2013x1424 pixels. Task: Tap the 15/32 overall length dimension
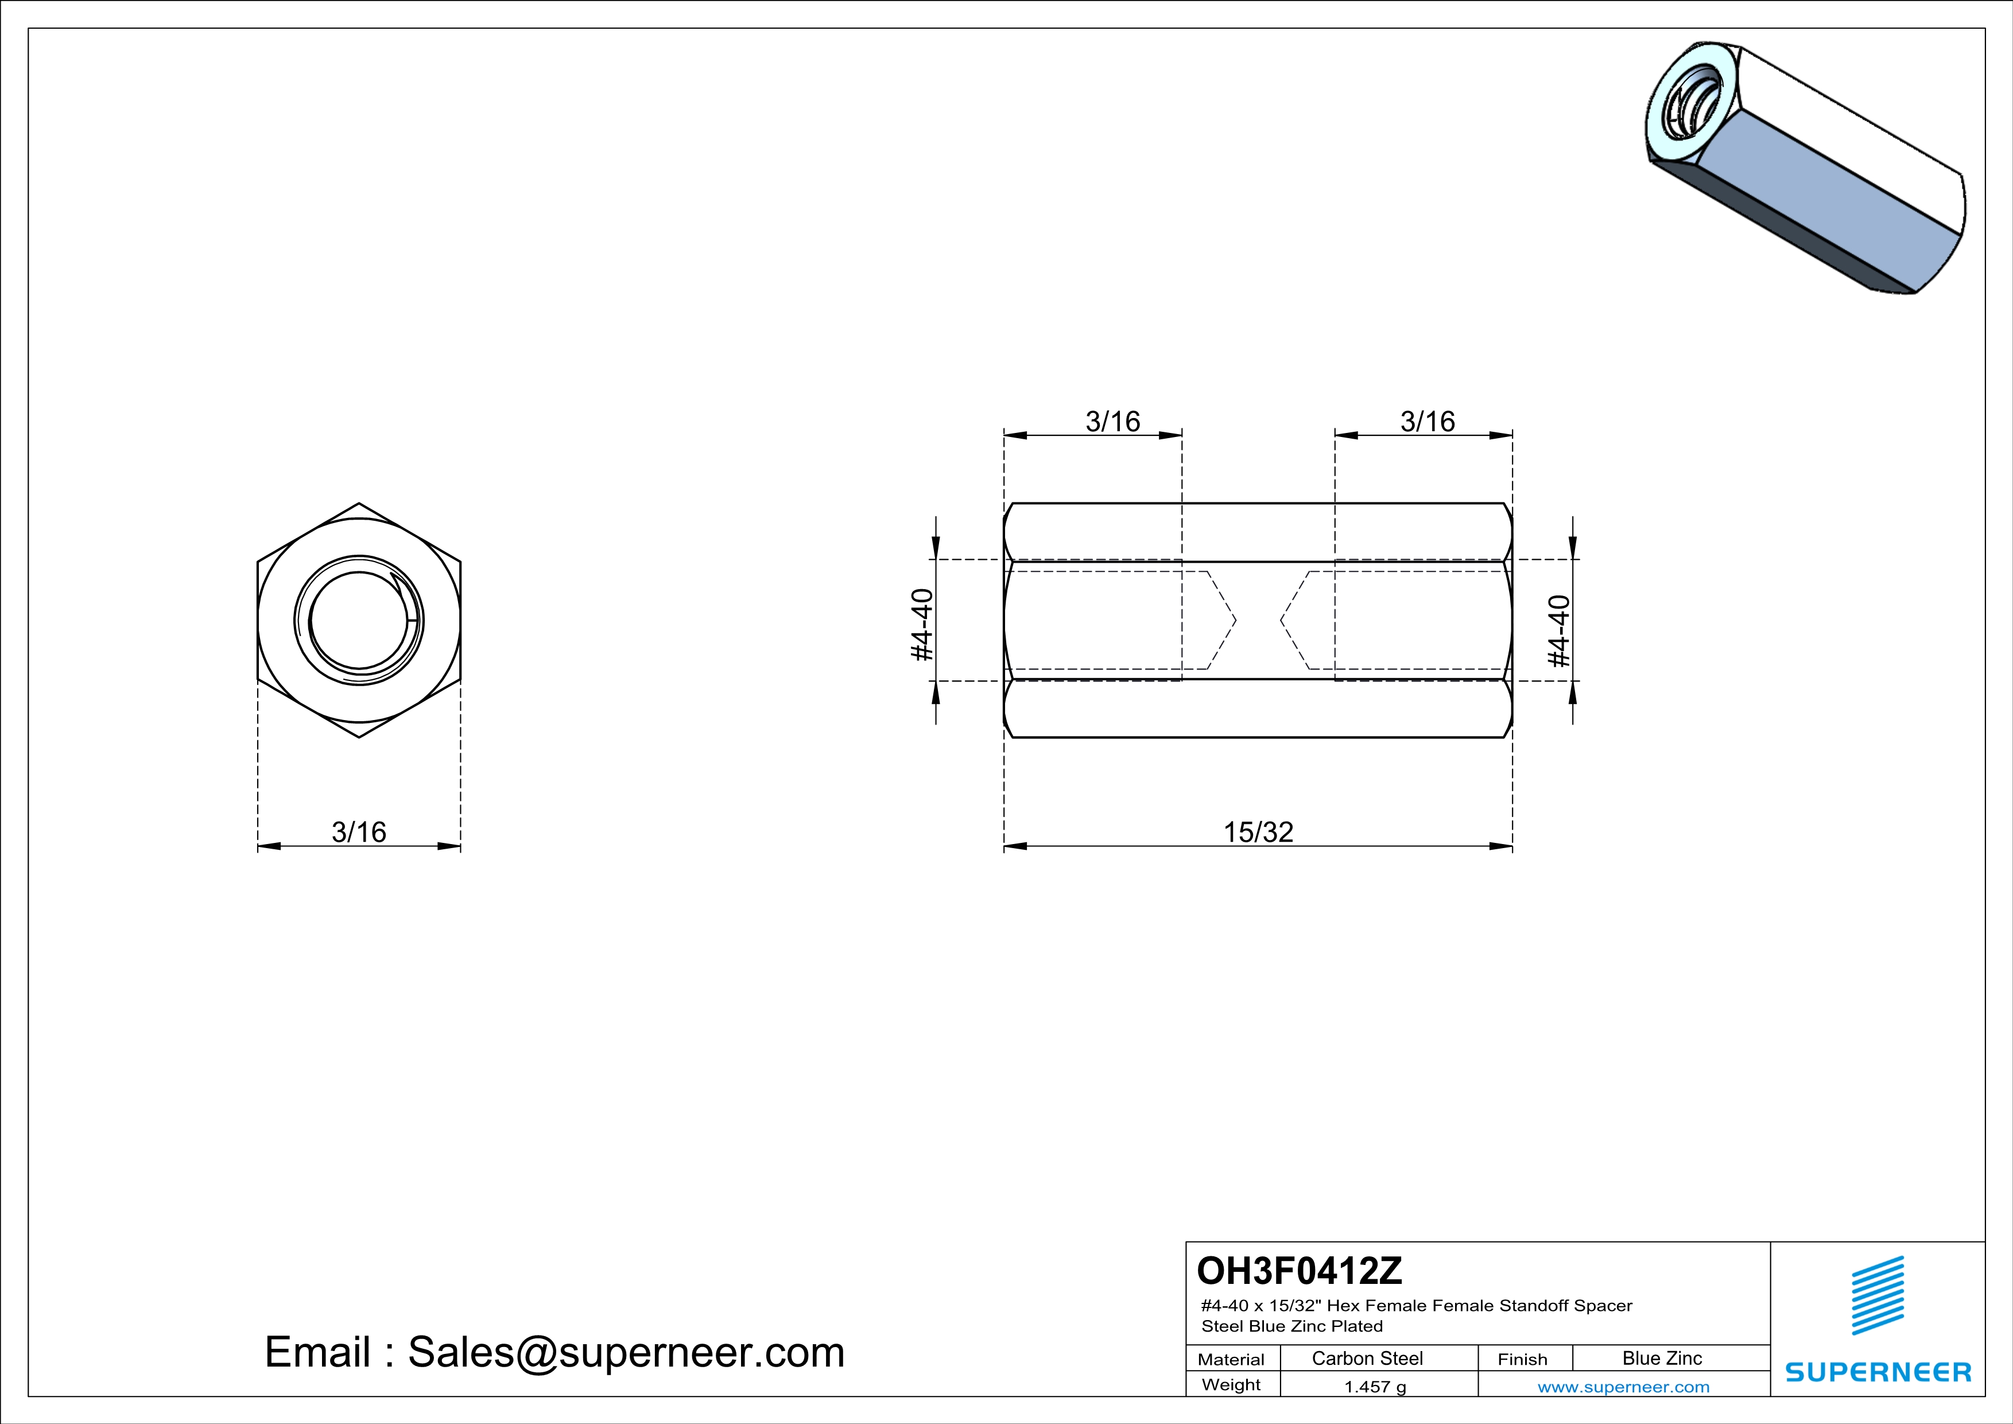tap(1258, 831)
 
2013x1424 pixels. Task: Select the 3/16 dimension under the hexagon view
tap(359, 831)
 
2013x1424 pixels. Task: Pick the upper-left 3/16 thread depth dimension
tap(1112, 421)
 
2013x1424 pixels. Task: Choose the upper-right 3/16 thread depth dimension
tap(1428, 421)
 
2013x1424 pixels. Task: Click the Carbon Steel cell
tap(1367, 1358)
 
